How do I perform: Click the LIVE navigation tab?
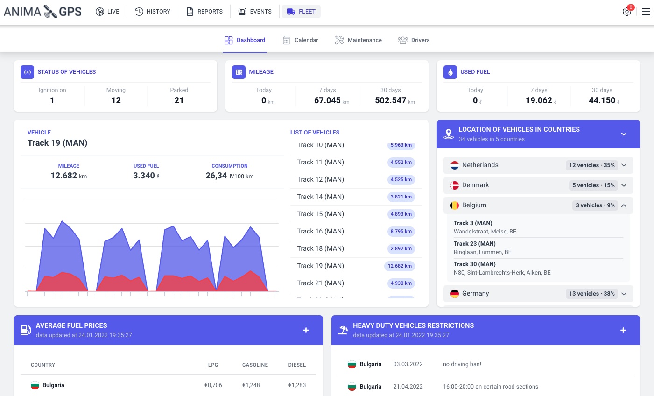(107, 12)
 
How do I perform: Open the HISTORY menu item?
(153, 12)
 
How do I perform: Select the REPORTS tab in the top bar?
(204, 12)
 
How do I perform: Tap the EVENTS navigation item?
(255, 12)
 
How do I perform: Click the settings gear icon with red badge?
(627, 12)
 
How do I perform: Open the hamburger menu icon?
(646, 12)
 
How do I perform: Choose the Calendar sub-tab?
(301, 40)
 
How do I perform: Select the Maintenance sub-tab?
(359, 40)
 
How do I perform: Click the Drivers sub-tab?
(414, 40)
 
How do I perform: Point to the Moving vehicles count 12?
(116, 100)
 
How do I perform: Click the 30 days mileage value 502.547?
(391, 100)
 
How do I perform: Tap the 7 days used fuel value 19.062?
(539, 100)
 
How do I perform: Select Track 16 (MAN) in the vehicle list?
(320, 231)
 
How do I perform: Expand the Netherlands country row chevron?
(624, 165)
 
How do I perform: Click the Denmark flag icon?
(455, 185)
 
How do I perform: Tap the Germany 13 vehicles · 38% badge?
(591, 294)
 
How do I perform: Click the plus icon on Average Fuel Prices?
(306, 330)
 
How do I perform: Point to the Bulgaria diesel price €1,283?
(297, 385)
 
